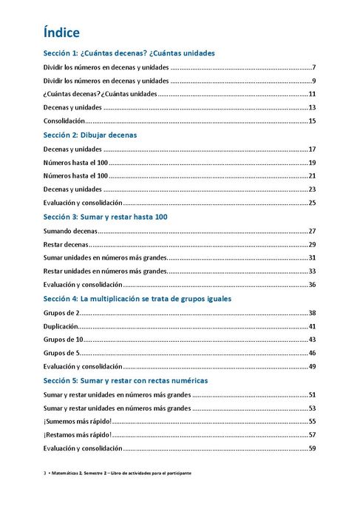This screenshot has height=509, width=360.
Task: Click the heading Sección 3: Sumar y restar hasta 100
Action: coord(106,217)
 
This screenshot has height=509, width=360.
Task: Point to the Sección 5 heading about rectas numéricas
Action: coord(126,380)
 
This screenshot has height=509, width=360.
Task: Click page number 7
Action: coord(314,67)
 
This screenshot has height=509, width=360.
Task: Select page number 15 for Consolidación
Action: coord(312,121)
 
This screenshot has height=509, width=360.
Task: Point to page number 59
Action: coord(312,448)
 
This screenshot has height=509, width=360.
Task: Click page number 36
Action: coord(312,285)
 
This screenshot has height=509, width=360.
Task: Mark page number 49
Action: coord(312,366)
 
